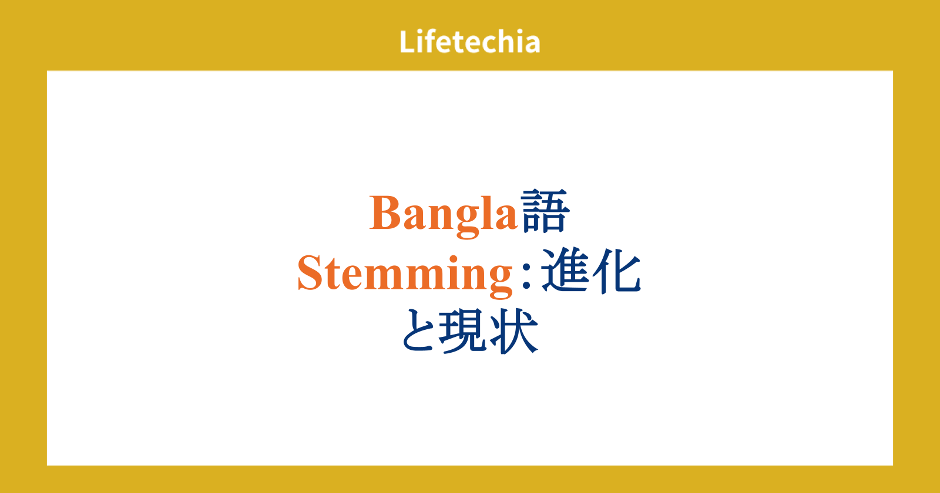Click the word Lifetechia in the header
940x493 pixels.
pos(469,42)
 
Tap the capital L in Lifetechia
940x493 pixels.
pos(407,42)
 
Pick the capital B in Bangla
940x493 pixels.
pos(384,212)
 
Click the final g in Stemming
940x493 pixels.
pos(501,281)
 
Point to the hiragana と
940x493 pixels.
pos(419,330)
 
